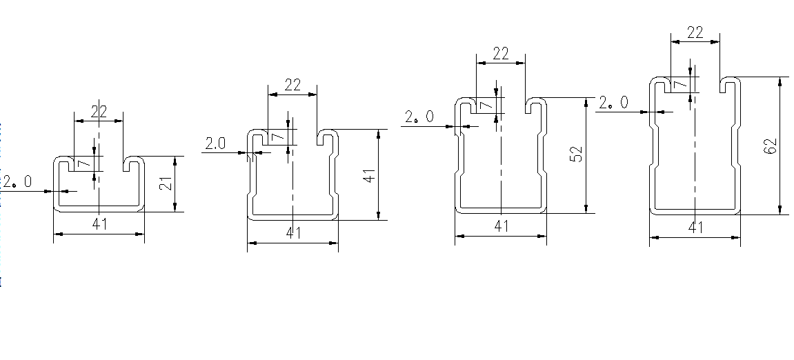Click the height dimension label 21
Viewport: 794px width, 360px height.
(x=166, y=184)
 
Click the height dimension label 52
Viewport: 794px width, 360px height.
(x=576, y=154)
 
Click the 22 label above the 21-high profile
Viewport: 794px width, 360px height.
(x=99, y=112)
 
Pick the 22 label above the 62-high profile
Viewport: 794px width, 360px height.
(x=695, y=32)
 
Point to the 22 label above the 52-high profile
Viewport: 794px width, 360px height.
(x=500, y=54)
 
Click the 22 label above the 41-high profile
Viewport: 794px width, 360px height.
(x=292, y=85)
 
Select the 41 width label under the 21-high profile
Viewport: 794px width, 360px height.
(x=100, y=224)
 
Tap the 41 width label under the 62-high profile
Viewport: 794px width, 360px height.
(x=696, y=227)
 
